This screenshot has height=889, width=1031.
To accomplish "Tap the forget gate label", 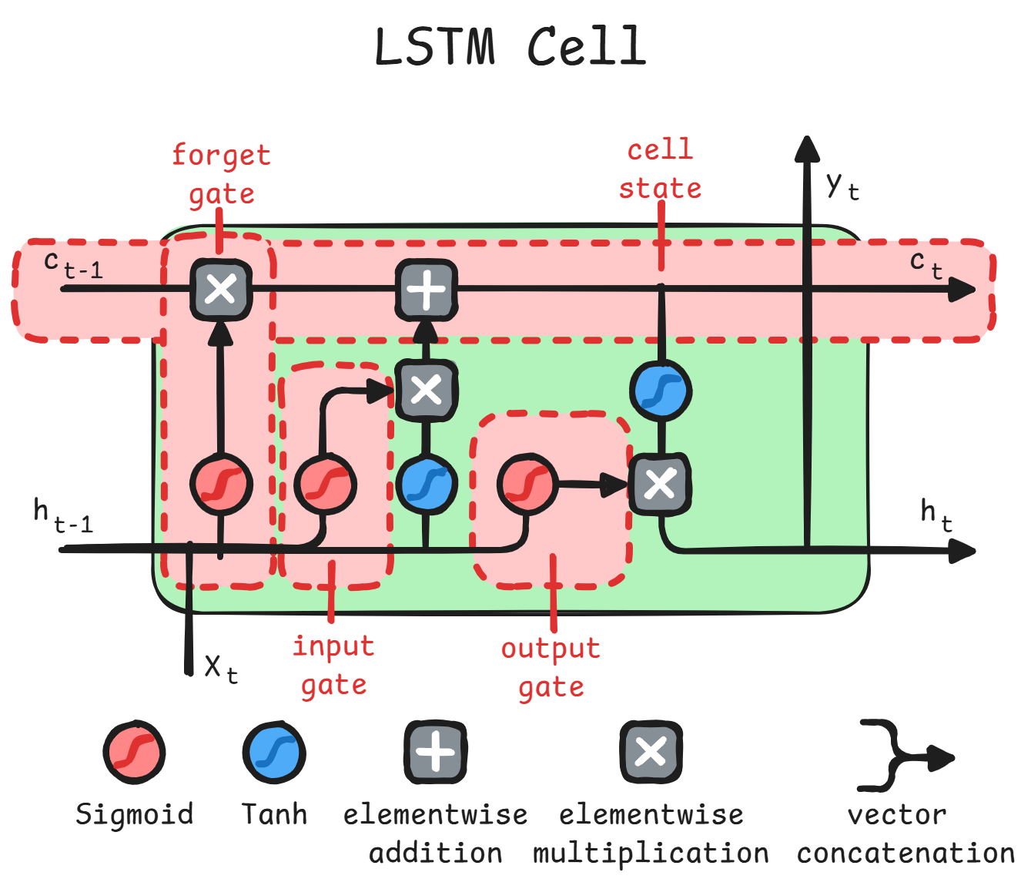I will point(221,174).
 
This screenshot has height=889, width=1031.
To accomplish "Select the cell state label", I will point(660,169).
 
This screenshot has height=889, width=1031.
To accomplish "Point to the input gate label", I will point(333,665).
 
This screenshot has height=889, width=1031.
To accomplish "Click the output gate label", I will point(551,667).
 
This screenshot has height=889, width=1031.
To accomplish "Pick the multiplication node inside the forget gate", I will point(221,290).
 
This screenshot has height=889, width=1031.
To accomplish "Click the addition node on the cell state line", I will point(426,290).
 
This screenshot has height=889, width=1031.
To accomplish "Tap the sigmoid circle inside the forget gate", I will point(221,485).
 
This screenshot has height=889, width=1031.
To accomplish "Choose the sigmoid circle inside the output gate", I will point(527,484).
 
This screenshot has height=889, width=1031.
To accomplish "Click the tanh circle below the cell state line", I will point(661,391).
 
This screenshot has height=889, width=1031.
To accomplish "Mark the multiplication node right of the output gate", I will point(660,485).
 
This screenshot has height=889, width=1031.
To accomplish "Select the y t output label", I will point(842,186).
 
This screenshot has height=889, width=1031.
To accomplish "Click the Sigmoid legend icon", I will point(135,753).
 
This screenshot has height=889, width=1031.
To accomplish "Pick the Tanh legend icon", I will point(274,753).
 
